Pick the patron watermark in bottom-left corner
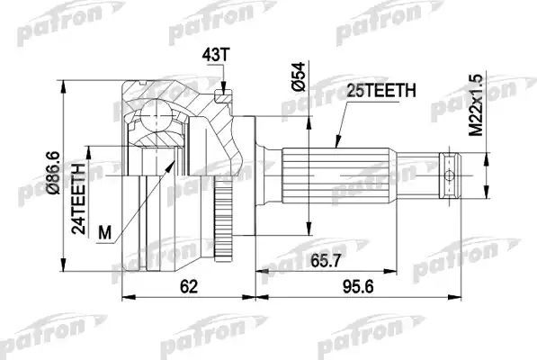[35, 346]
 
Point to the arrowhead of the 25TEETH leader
[335, 145]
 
